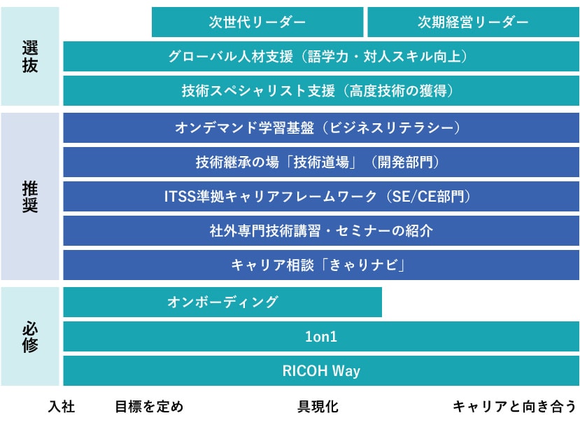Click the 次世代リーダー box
click(257, 22)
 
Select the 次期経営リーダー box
click(474, 22)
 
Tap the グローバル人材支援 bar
click(321, 56)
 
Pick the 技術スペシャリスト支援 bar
click(321, 91)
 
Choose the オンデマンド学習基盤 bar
click(321, 127)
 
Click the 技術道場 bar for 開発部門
click(321, 162)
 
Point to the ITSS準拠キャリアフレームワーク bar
click(321, 196)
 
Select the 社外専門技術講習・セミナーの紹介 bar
click(321, 230)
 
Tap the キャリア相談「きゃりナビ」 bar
click(321, 265)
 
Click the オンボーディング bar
click(222, 302)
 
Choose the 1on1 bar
click(321, 337)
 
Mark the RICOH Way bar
click(321, 370)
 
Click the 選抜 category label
click(30, 57)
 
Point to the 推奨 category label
click(30, 197)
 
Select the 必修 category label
click(30, 337)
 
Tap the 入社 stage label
click(62, 407)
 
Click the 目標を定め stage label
click(149, 407)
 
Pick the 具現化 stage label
click(318, 407)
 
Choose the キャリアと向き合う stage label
click(514, 407)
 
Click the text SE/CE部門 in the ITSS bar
click(428, 196)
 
